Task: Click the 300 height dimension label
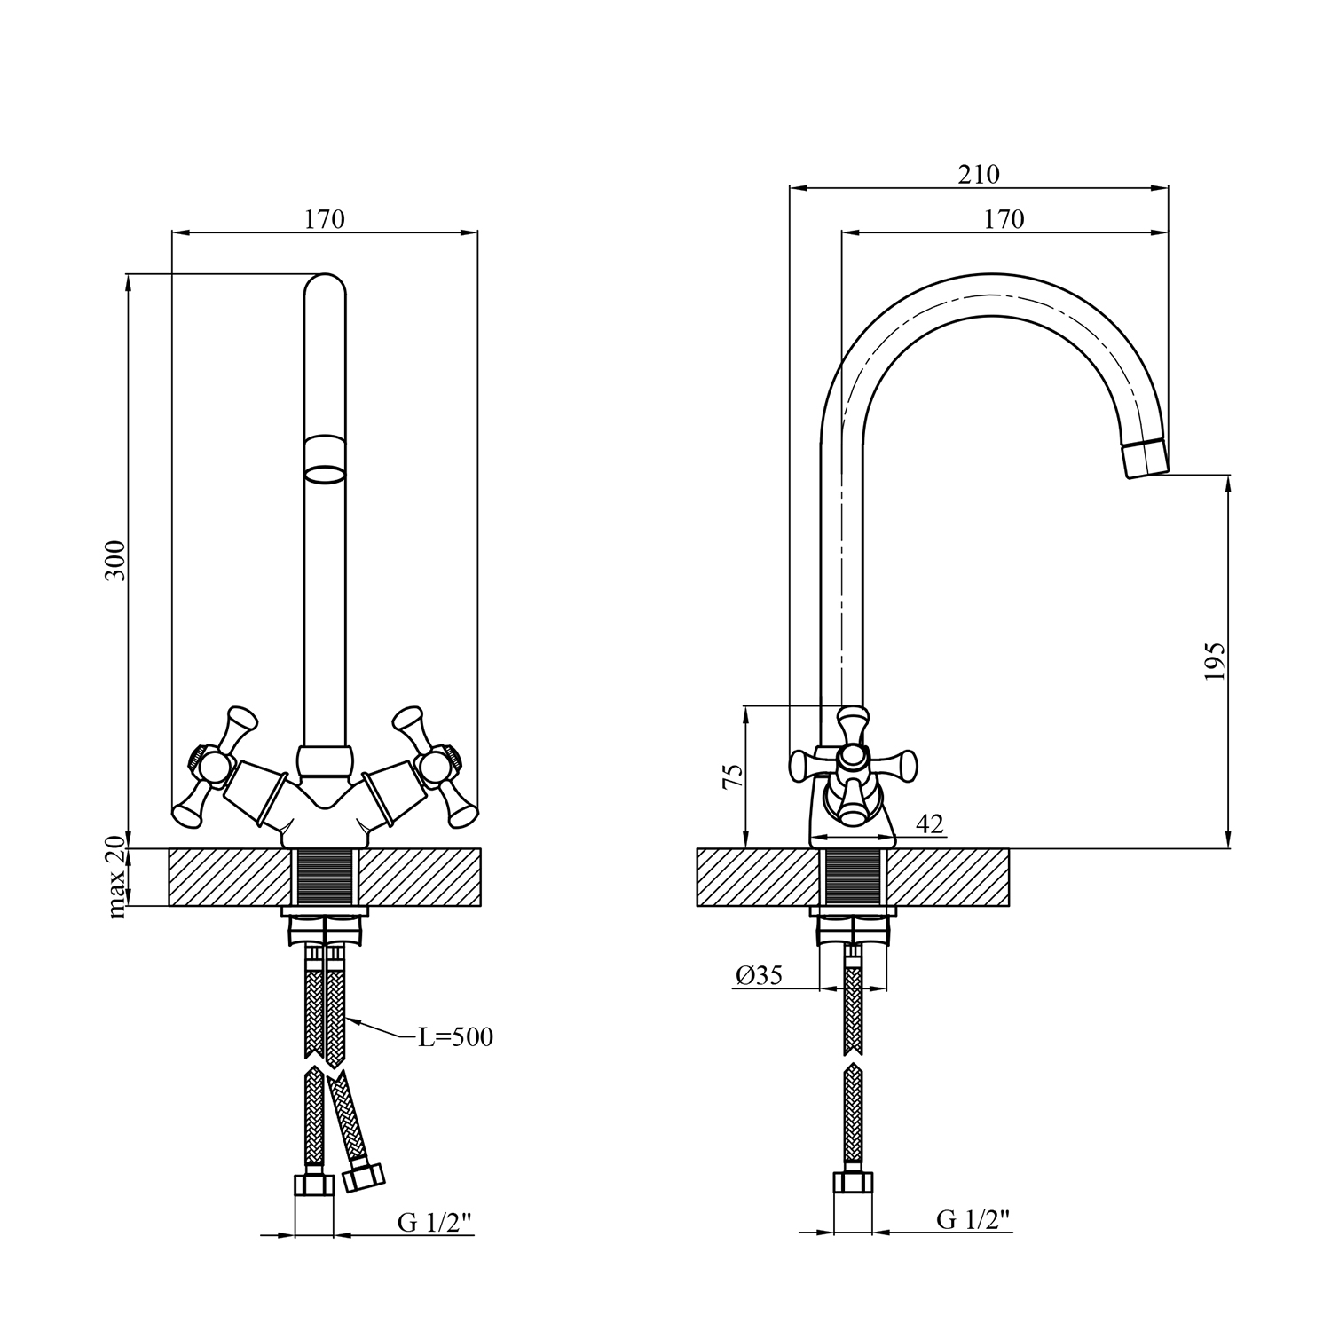tap(116, 560)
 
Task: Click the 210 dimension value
tap(979, 175)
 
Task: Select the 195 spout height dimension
tap(1215, 661)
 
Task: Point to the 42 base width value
tap(929, 824)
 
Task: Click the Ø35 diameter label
tap(759, 975)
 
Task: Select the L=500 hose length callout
tap(455, 1036)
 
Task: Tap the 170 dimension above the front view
tap(325, 219)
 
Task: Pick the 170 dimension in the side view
tap(1004, 219)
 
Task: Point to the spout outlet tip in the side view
tap(1146, 461)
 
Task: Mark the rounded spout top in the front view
tap(324, 286)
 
